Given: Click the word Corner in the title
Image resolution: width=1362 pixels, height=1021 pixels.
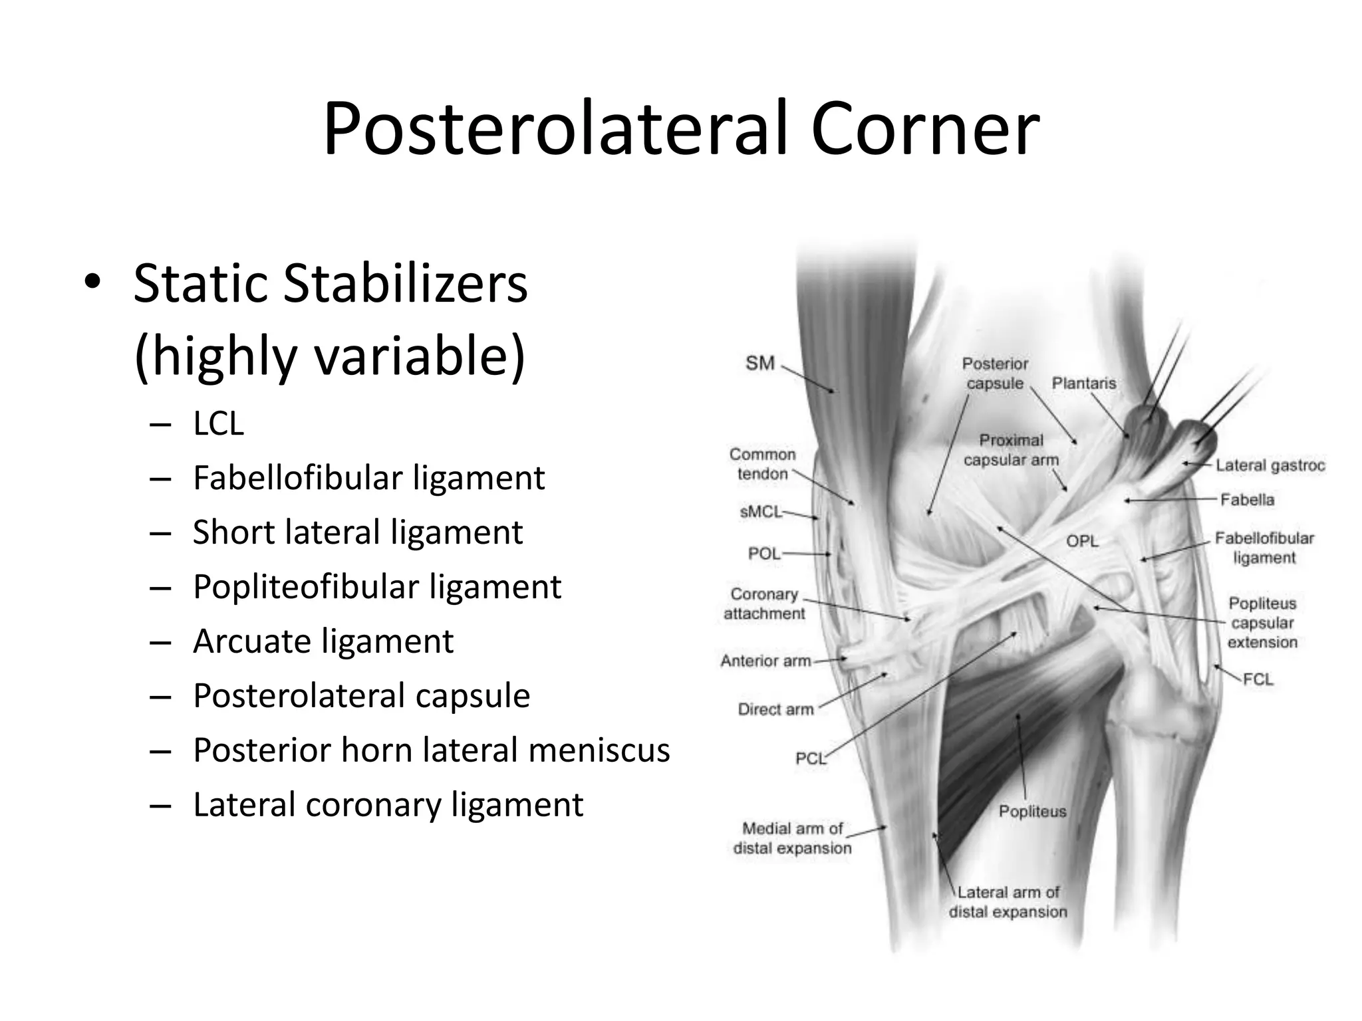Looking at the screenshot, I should click(x=925, y=128).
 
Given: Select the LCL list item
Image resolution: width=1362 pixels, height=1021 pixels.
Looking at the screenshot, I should click(x=218, y=423).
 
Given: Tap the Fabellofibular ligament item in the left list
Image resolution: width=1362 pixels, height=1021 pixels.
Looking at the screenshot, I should click(x=368, y=478).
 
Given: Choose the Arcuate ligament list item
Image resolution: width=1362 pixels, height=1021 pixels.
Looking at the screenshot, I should click(x=323, y=641).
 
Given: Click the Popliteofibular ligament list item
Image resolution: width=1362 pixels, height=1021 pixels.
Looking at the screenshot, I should click(x=376, y=587).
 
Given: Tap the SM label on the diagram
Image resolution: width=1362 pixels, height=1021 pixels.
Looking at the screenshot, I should click(x=759, y=364).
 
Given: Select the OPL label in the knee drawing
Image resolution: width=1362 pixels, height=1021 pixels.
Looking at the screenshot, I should click(x=1082, y=541).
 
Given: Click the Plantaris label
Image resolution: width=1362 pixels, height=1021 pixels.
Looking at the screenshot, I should click(x=1083, y=384).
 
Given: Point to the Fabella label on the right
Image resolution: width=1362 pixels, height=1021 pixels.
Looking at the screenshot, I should click(x=1247, y=500).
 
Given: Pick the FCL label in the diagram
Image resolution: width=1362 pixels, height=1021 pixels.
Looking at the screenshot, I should click(x=1258, y=679).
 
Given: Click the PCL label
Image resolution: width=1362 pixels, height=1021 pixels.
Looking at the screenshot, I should click(x=809, y=758).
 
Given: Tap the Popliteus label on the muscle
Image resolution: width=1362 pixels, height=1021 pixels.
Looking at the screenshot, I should click(x=1032, y=811).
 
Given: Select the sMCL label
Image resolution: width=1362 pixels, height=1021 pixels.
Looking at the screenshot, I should click(x=760, y=512).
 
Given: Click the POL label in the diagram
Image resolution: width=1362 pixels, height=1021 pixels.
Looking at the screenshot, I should click(x=763, y=554).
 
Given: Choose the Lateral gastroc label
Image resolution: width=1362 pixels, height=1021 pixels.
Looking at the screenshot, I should click(x=1270, y=466).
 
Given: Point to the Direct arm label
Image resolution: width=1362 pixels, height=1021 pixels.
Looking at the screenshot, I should click(x=775, y=710).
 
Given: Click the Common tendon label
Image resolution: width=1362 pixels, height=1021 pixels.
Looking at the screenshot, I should click(x=762, y=464).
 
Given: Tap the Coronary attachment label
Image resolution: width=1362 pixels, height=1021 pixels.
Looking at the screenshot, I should click(x=764, y=604).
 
